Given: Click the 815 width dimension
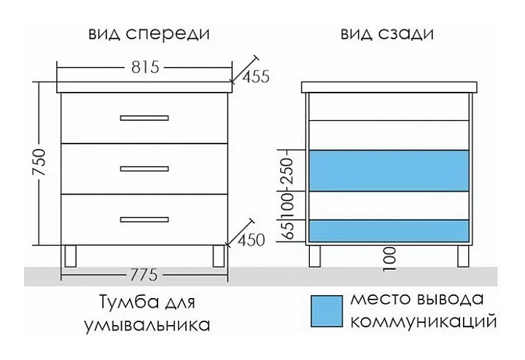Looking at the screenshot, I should click(145, 67).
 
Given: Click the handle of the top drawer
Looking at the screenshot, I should click(144, 117).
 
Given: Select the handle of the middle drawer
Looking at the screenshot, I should click(144, 168).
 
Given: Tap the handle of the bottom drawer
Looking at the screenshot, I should click(144, 218).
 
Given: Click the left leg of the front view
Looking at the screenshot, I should click(71, 255).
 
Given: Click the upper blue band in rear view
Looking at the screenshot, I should click(389, 171).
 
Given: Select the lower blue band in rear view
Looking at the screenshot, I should click(389, 230).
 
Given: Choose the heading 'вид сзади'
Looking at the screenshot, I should click(386, 34).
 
